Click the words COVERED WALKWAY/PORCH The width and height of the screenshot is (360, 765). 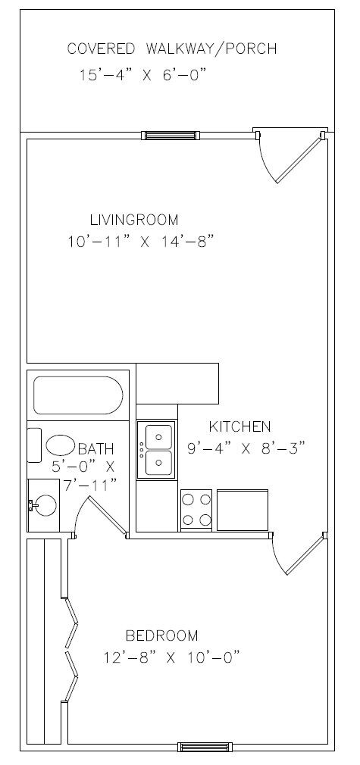point(171,49)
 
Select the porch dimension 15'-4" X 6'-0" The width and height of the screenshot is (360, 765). point(142,75)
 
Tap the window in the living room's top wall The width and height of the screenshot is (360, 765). point(172,136)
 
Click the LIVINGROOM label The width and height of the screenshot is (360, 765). point(134,220)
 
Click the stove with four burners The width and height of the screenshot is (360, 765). point(196,510)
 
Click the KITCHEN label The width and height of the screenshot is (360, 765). point(239,426)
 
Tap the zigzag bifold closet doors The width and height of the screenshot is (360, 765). point(70,648)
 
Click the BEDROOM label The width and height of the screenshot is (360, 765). point(161,635)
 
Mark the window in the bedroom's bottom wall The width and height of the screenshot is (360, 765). point(204,747)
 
